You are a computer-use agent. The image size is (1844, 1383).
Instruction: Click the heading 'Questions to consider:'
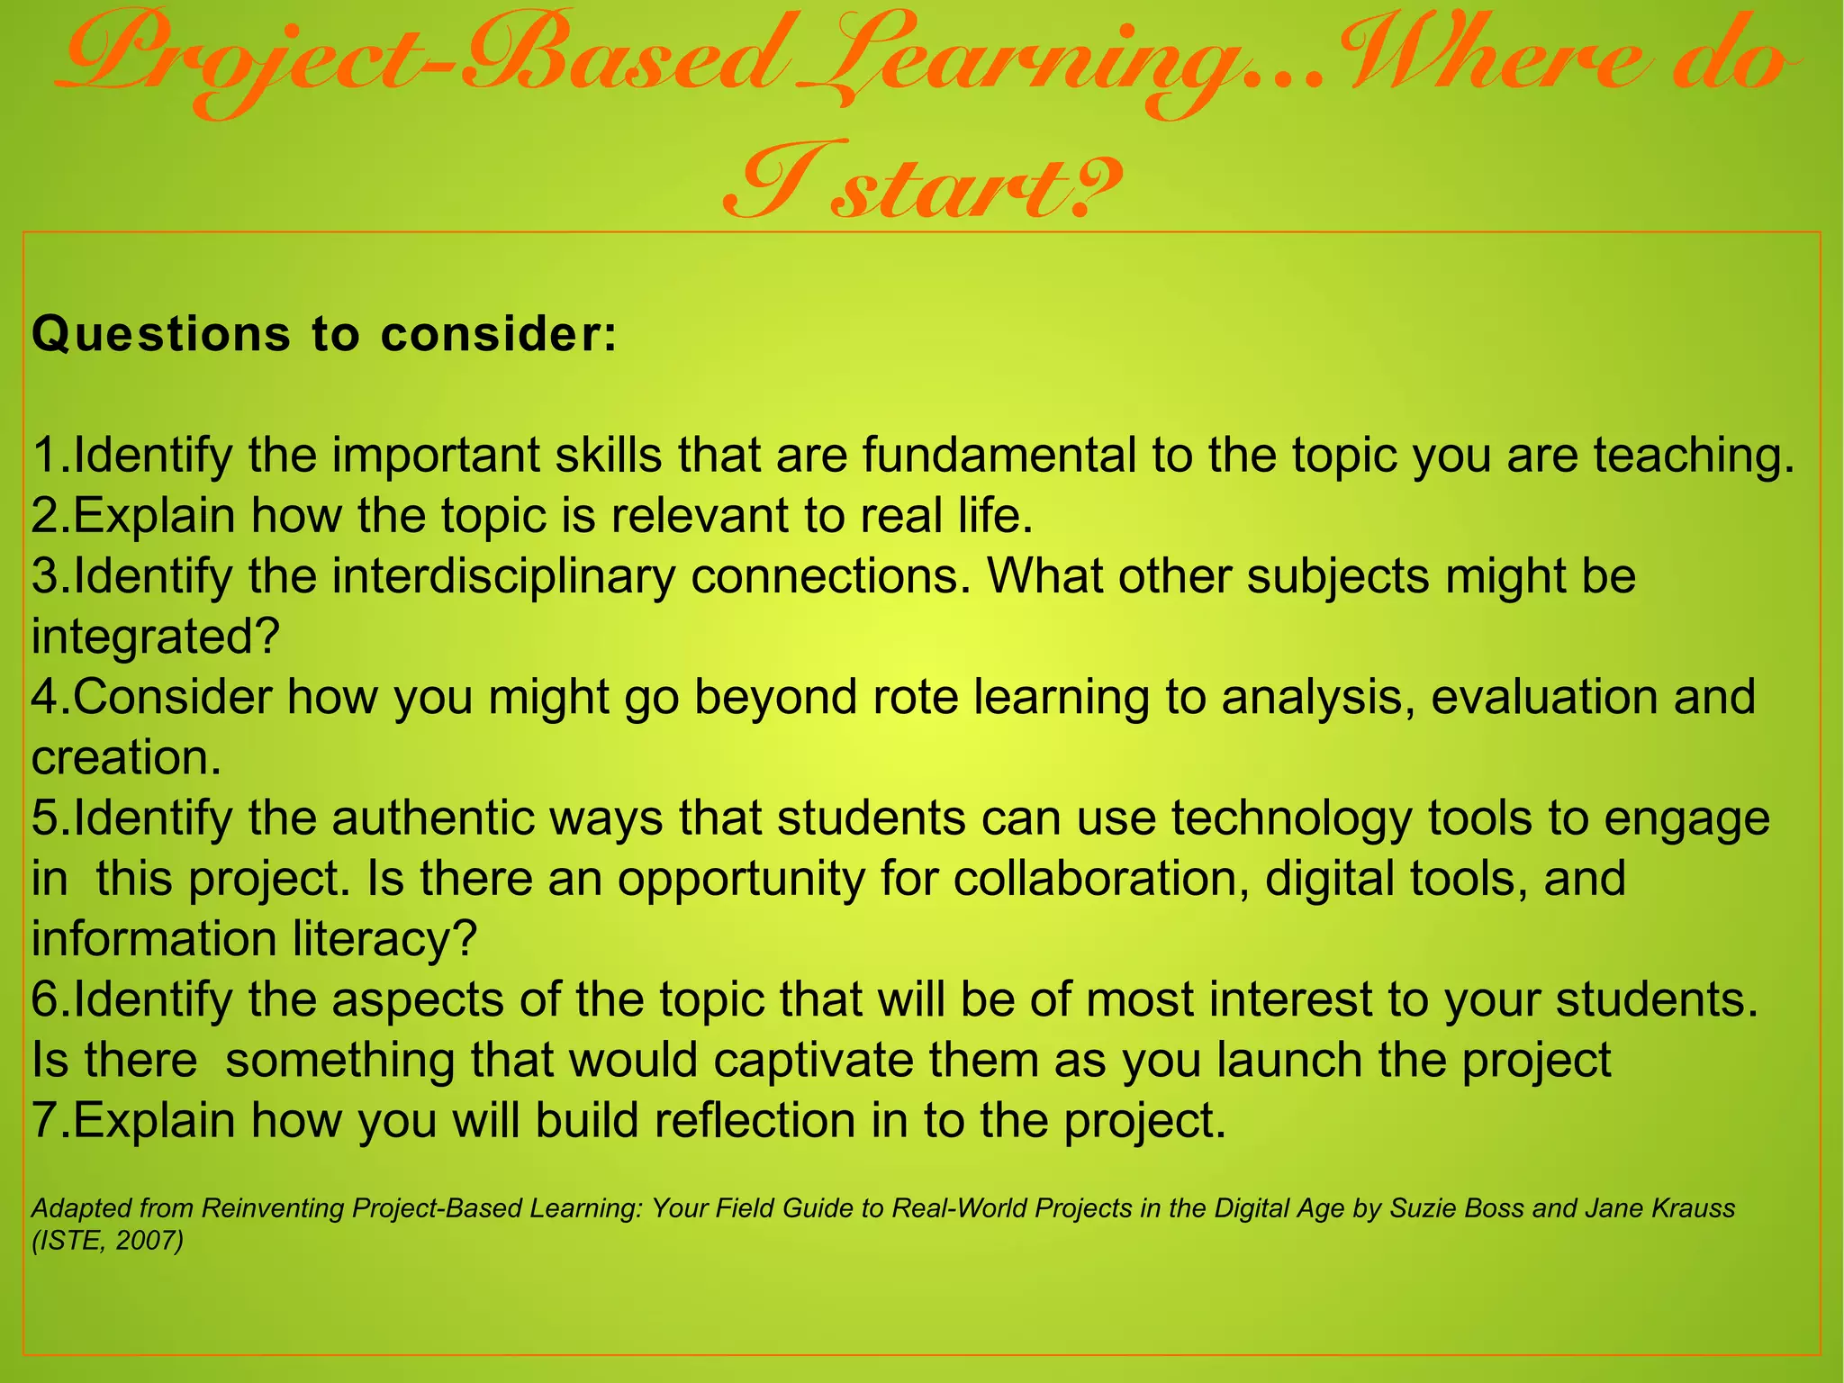pyautogui.click(x=324, y=335)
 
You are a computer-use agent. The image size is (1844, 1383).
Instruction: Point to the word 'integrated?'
pyautogui.click(x=156, y=637)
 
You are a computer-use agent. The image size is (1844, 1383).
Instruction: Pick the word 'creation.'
pyautogui.click(x=126, y=758)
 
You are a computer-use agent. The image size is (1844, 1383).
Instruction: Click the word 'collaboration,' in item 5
pyautogui.click(x=1102, y=879)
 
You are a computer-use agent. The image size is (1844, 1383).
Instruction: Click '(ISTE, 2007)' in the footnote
pyautogui.click(x=107, y=1241)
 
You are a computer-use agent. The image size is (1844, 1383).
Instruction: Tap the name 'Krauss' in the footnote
pyautogui.click(x=1694, y=1208)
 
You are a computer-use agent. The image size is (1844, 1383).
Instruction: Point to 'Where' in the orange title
pyautogui.click(x=1477, y=63)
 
